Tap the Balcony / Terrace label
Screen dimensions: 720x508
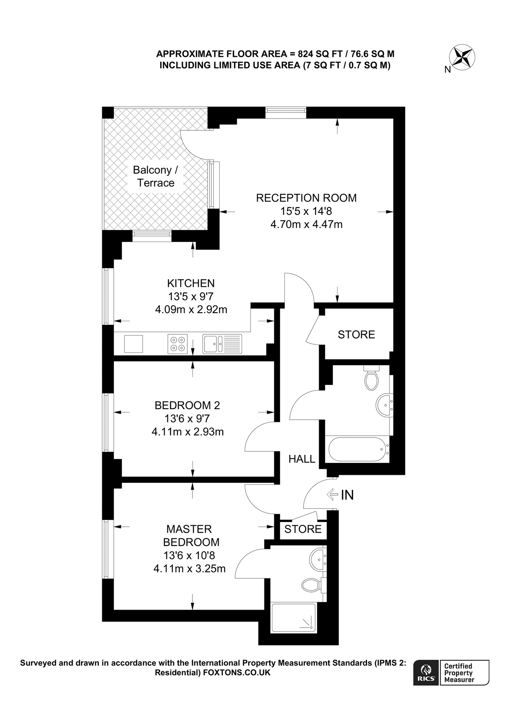(155, 176)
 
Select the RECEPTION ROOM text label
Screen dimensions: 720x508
(306, 198)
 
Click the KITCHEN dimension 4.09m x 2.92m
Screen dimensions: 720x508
(191, 310)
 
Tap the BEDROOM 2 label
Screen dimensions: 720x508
(187, 406)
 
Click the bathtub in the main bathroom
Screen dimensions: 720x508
(357, 449)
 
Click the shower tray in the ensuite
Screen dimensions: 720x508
(294, 618)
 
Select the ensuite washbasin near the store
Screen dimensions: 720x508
(318, 557)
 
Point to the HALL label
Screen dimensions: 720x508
(302, 459)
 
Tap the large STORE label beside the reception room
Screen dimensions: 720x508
(356, 335)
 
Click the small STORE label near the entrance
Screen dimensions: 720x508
(303, 529)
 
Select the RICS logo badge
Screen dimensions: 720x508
(426, 673)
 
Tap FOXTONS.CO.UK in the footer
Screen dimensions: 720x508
(237, 673)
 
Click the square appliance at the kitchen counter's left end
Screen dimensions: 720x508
(133, 344)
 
